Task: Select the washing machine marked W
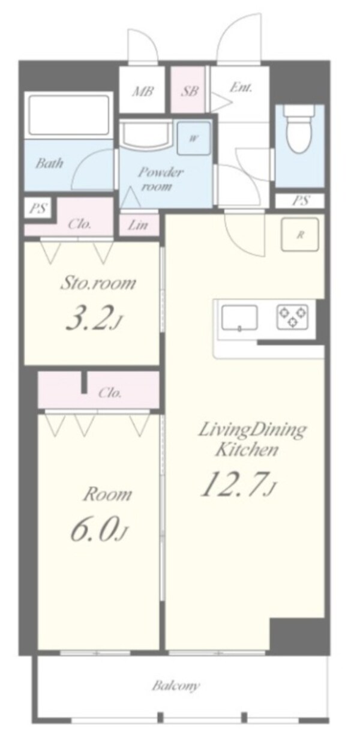(194, 138)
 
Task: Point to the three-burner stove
(292, 316)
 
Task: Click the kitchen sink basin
(239, 317)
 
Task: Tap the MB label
(142, 91)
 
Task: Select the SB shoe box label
(190, 91)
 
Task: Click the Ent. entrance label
(241, 88)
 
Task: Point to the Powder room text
(160, 179)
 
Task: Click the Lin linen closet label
(138, 225)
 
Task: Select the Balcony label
(176, 676)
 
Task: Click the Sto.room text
(98, 283)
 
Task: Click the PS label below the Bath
(38, 208)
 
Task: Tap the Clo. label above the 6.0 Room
(110, 393)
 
